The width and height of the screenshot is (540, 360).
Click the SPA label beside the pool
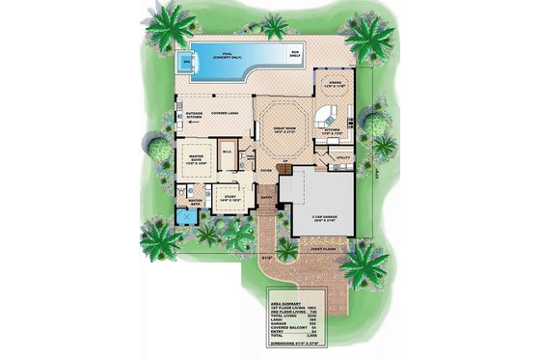tap(186, 62)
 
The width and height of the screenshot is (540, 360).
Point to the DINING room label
tap(334, 85)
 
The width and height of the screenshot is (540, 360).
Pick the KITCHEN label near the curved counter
tap(331, 128)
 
